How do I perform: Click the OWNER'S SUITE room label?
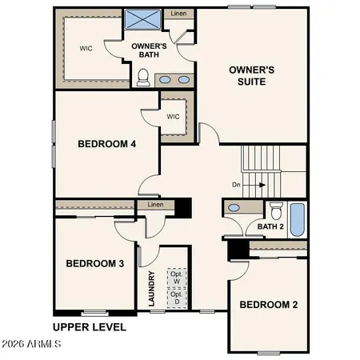252,76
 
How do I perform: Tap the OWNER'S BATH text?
149,50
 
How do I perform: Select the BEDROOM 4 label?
106,145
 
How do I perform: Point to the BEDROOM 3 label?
94,264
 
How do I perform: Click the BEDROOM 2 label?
269,305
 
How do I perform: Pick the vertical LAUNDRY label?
151,289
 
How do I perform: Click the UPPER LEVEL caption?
90,327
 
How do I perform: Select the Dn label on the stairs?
237,185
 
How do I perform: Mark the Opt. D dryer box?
176,298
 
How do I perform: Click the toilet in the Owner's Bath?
144,77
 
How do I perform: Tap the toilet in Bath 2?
276,211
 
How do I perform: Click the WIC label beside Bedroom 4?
174,116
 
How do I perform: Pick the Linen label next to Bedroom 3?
156,205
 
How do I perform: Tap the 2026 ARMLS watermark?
32,345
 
